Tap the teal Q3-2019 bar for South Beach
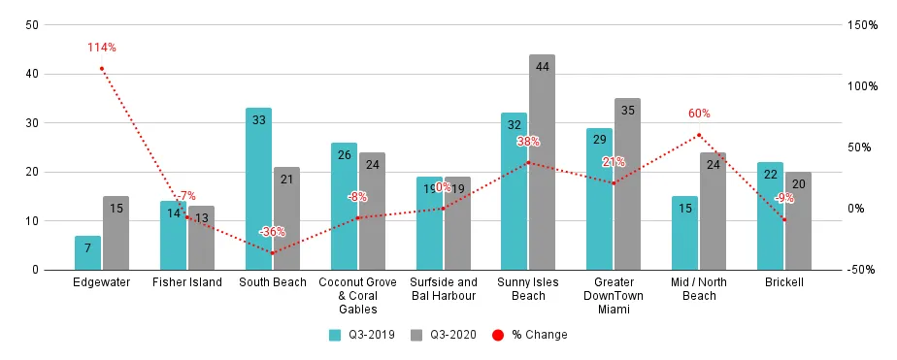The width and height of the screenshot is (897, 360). [x=258, y=188]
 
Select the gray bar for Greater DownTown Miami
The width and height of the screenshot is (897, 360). [x=627, y=183]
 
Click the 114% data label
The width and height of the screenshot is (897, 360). [x=101, y=48]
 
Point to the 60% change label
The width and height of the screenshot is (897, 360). [x=699, y=114]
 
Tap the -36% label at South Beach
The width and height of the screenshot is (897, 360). [x=272, y=232]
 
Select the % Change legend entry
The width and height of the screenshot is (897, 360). [x=529, y=335]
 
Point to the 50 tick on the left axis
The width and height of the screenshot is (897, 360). [x=32, y=24]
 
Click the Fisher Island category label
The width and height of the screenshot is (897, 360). [x=187, y=282]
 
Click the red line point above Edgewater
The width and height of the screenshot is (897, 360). [x=101, y=68]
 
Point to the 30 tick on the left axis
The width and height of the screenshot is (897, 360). [x=32, y=122]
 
